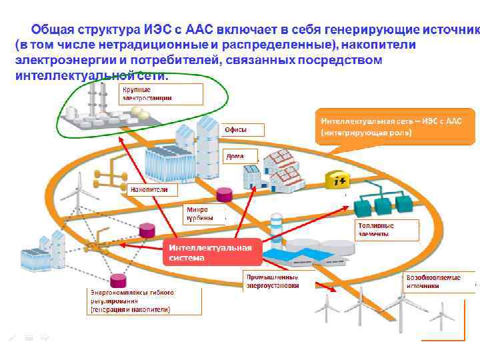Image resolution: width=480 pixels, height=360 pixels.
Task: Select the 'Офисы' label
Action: click(x=241, y=130)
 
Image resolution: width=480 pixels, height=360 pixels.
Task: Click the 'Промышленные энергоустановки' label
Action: click(x=272, y=281)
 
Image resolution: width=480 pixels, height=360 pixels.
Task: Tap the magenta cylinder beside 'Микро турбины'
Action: click(x=225, y=195)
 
